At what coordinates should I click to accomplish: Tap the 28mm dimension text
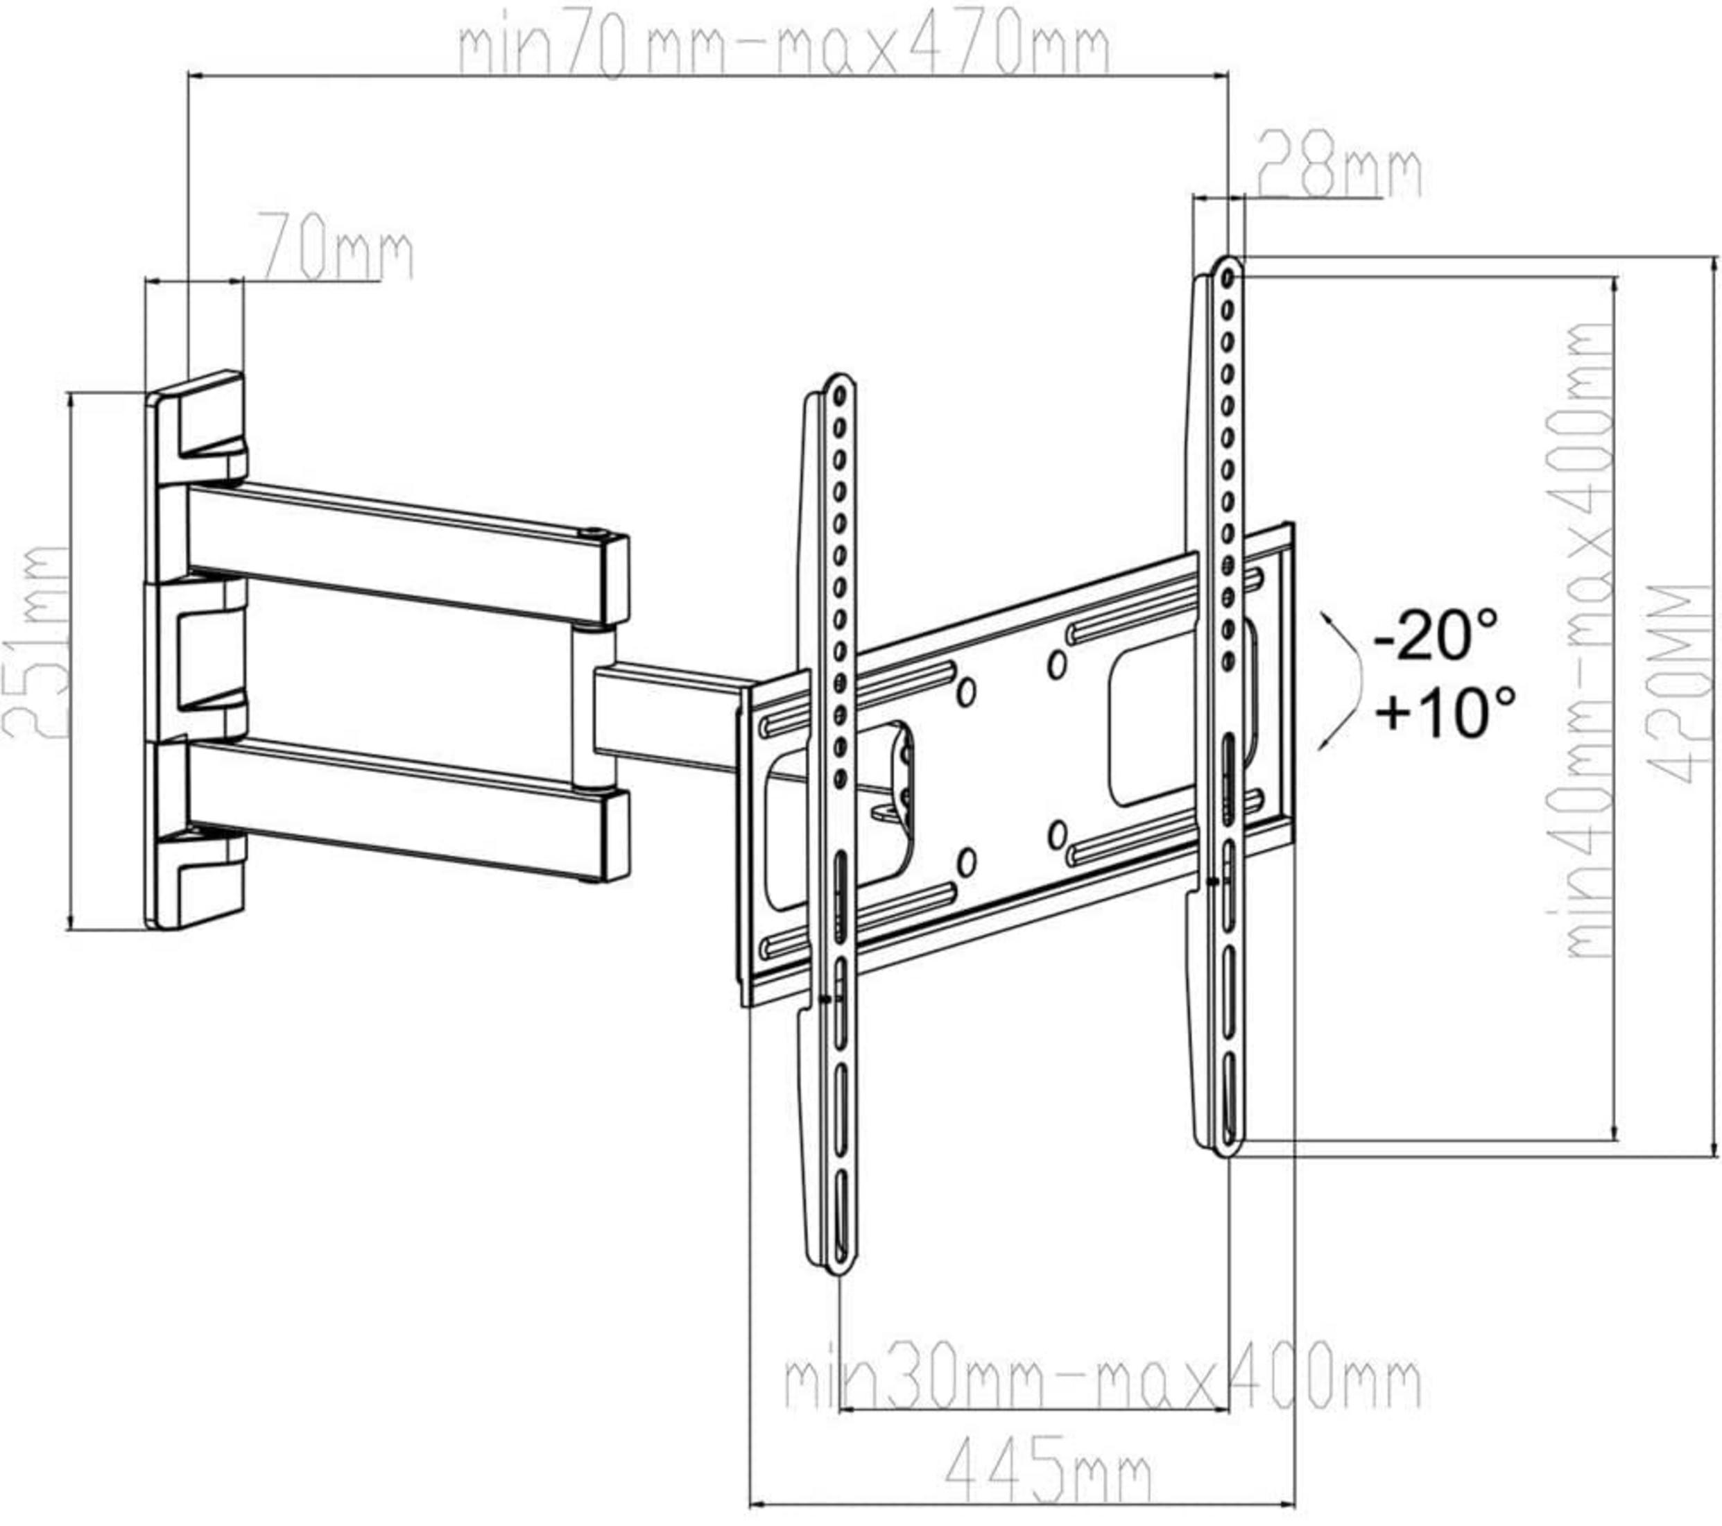[x=1338, y=172]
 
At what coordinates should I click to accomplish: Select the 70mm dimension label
[x=334, y=246]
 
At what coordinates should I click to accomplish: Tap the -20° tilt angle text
[x=1436, y=634]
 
